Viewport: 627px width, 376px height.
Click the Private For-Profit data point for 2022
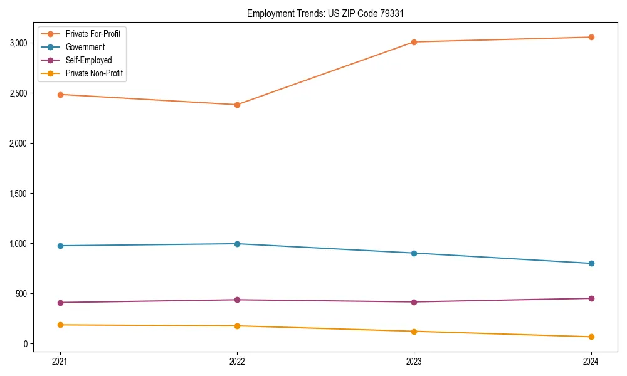(x=237, y=105)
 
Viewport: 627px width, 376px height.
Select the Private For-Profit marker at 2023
(x=414, y=42)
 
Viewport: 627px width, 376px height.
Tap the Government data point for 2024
(x=591, y=263)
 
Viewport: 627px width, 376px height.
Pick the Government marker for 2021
(x=60, y=246)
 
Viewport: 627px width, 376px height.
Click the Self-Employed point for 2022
(x=237, y=300)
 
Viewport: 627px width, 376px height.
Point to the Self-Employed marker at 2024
(x=591, y=298)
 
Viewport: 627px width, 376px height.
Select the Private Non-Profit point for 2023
(x=414, y=332)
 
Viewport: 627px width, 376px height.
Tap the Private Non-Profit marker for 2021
(x=60, y=325)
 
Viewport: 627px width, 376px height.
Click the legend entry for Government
(x=85, y=47)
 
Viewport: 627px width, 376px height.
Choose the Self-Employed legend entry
(x=88, y=60)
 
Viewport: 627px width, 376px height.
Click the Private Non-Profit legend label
(x=94, y=73)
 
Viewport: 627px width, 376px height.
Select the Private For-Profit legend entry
(x=93, y=34)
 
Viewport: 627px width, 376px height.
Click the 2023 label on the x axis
(x=414, y=361)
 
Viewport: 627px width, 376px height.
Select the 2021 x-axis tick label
(x=60, y=361)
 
